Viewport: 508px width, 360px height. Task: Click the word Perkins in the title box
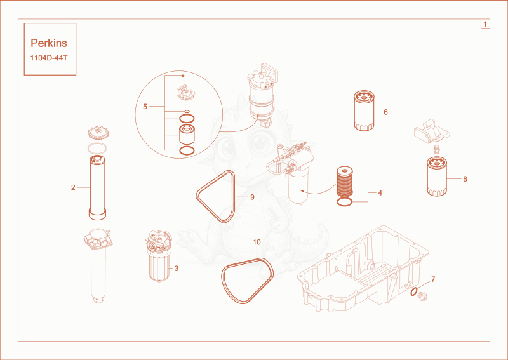pyautogui.click(x=49, y=43)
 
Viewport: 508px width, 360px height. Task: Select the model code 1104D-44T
pyautogui.click(x=49, y=58)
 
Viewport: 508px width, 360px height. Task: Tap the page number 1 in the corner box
pyautogui.click(x=485, y=24)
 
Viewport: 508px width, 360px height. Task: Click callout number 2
pyautogui.click(x=73, y=187)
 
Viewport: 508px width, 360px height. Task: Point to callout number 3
pyautogui.click(x=177, y=269)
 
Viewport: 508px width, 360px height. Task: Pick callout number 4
pyautogui.click(x=380, y=193)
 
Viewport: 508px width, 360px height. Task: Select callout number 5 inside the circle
pyautogui.click(x=145, y=107)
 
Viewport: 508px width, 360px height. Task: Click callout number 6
pyautogui.click(x=385, y=112)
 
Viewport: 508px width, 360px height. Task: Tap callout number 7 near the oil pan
pyautogui.click(x=433, y=279)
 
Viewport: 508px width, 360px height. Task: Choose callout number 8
pyautogui.click(x=465, y=179)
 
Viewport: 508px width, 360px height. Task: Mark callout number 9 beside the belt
pyautogui.click(x=252, y=197)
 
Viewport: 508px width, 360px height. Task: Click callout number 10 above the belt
pyautogui.click(x=257, y=242)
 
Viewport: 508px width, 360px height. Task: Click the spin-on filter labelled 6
pyautogui.click(x=364, y=111)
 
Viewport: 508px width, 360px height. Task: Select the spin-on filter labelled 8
pyautogui.click(x=437, y=177)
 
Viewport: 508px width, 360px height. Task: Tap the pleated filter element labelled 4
pyautogui.click(x=344, y=182)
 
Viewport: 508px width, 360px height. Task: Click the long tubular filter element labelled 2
pyautogui.click(x=97, y=187)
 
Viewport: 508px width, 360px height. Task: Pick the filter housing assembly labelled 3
pyautogui.click(x=158, y=256)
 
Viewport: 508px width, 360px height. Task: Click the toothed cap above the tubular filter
pyautogui.click(x=98, y=133)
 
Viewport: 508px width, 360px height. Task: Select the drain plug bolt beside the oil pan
pyautogui.click(x=423, y=296)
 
